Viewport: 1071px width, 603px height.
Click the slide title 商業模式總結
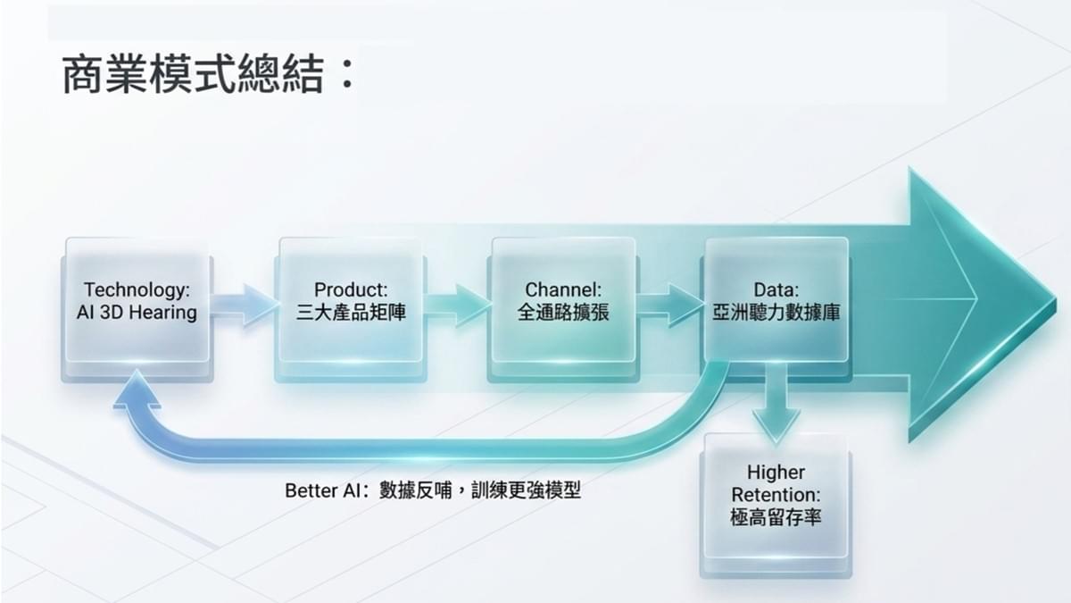coord(194,74)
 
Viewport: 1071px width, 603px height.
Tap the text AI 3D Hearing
coord(137,313)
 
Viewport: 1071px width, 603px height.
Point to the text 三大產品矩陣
coord(351,313)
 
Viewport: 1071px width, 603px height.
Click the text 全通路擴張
coord(563,313)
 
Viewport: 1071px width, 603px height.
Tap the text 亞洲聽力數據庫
coord(776,313)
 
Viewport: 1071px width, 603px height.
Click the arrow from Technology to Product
coord(244,306)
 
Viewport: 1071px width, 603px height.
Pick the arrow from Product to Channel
coord(458,306)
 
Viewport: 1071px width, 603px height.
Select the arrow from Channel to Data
coord(671,306)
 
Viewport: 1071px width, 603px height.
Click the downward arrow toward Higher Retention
coord(776,402)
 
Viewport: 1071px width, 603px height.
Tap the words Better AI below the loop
coord(322,490)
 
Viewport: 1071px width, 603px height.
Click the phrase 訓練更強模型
coord(526,490)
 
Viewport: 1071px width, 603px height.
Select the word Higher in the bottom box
coord(776,473)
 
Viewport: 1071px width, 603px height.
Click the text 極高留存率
coord(776,517)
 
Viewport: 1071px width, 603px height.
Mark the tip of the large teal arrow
coord(1055,300)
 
